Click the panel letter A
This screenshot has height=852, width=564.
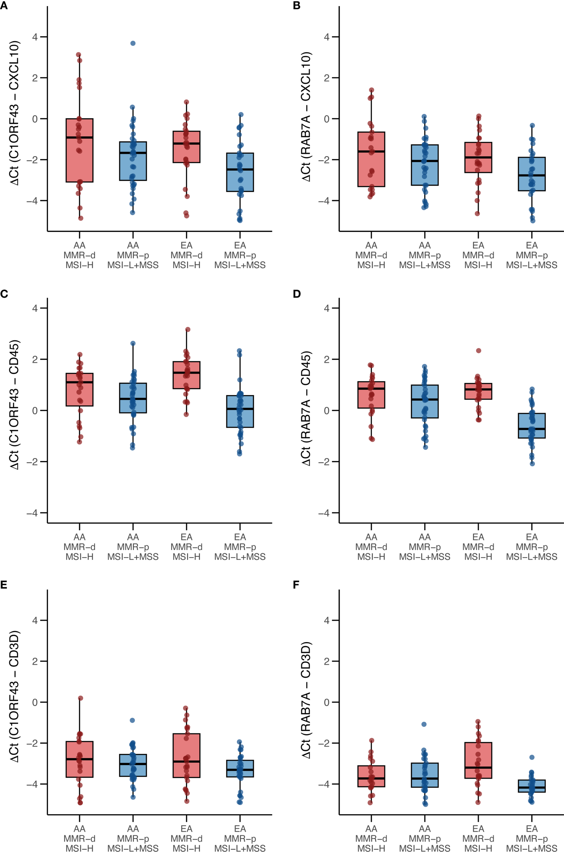click(4, 6)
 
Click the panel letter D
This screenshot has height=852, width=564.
click(297, 294)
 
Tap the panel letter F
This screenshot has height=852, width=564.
click(296, 585)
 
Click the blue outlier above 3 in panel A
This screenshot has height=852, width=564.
click(133, 43)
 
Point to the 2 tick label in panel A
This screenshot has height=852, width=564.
click(35, 78)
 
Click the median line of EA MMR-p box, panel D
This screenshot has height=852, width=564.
click(532, 429)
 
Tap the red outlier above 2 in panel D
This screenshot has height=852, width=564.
click(478, 351)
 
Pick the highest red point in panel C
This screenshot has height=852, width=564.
click(187, 330)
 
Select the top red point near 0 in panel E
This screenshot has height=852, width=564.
click(80, 698)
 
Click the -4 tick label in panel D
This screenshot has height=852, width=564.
click(324, 513)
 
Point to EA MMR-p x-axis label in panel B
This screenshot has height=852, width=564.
click(532, 255)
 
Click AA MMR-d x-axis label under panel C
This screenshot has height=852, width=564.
click(79, 547)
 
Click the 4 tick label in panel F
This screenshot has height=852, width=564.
click(326, 620)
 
